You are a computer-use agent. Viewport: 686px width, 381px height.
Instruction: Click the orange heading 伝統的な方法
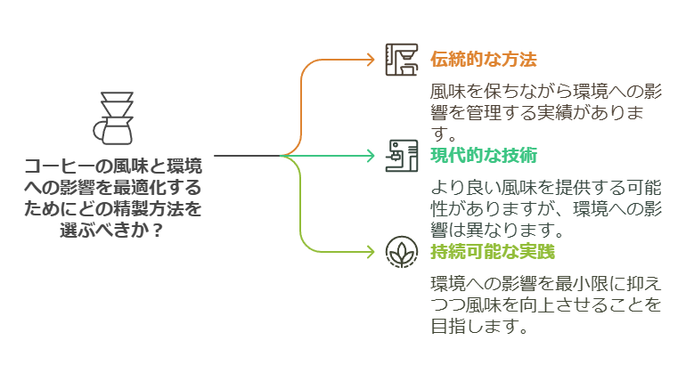(483, 60)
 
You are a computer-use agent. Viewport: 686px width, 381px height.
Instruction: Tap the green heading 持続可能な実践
(492, 252)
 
